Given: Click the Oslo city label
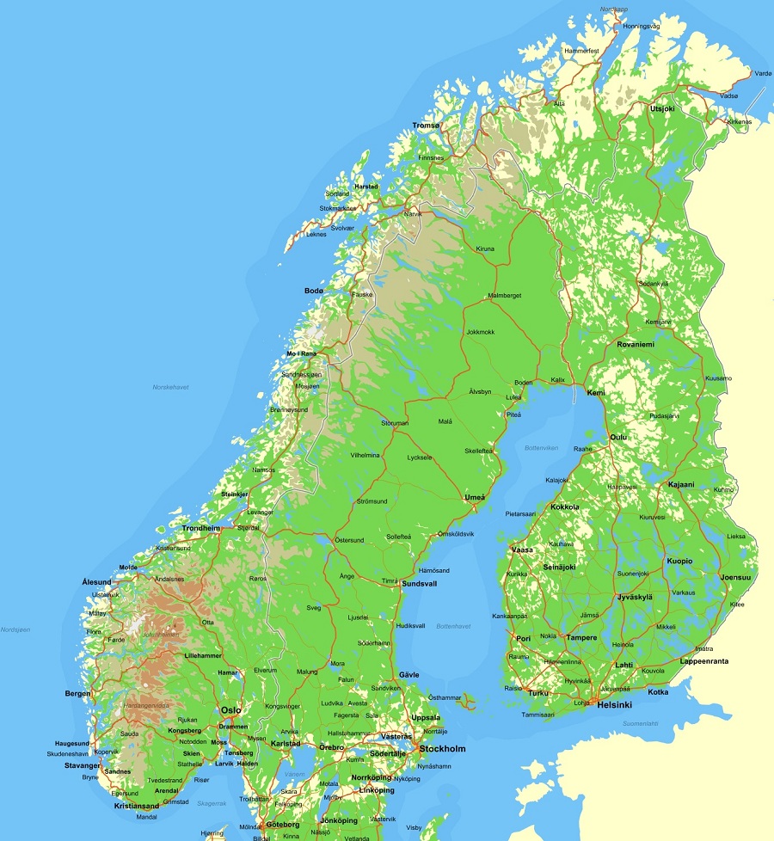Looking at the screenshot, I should pyautogui.click(x=230, y=710).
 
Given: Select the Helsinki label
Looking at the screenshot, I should pyautogui.click(x=614, y=705).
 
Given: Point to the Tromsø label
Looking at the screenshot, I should pyautogui.click(x=426, y=126).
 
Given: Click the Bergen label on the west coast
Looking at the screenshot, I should pyautogui.click(x=77, y=693).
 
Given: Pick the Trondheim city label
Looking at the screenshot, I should pyautogui.click(x=201, y=528).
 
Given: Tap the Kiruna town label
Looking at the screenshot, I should pyautogui.click(x=486, y=249).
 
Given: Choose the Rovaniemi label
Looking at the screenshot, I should pyautogui.click(x=636, y=344).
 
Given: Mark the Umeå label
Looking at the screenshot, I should pyautogui.click(x=475, y=497).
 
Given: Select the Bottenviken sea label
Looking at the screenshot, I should pyautogui.click(x=541, y=448).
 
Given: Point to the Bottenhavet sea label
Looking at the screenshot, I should pyautogui.click(x=453, y=626).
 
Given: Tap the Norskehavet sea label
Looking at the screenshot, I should pyautogui.click(x=170, y=387).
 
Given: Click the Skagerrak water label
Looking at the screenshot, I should pyautogui.click(x=212, y=803).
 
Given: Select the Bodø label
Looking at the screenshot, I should pyautogui.click(x=314, y=291).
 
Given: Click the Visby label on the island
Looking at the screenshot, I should pyautogui.click(x=414, y=827).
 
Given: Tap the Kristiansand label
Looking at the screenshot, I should pyautogui.click(x=137, y=806).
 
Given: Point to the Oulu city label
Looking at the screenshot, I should pyautogui.click(x=618, y=437).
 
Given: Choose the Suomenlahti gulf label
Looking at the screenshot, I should pyautogui.click(x=640, y=723).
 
